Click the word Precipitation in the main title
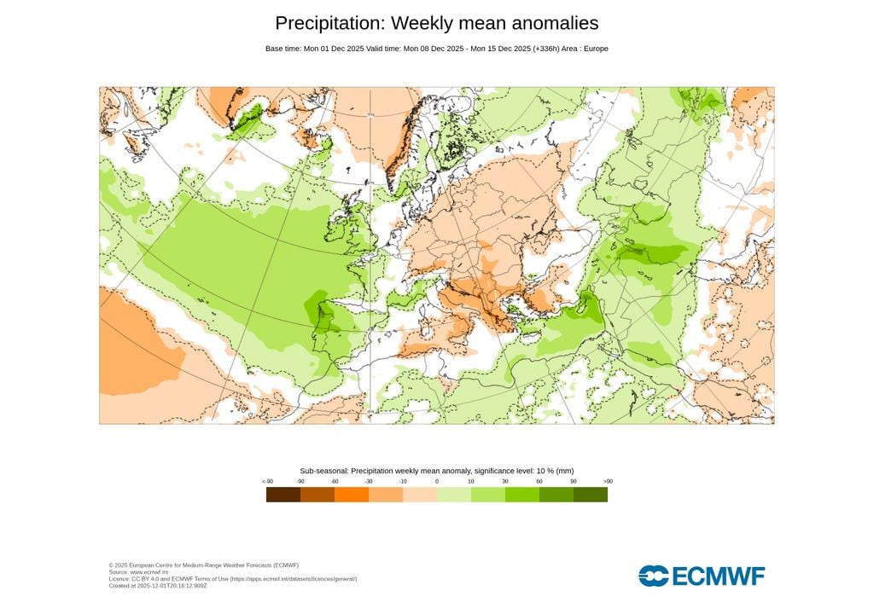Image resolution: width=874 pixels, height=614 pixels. pos(329,23)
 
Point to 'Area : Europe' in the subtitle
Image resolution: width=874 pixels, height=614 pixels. pos(585,49)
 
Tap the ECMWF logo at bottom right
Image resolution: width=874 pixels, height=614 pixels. pos(702,576)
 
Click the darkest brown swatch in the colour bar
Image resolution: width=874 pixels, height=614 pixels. pos(283,495)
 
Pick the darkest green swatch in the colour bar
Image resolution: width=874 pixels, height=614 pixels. pos(591,495)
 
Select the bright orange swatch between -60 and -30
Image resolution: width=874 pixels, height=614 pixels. pos(352,495)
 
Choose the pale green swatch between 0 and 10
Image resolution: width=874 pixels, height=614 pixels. pos(454,495)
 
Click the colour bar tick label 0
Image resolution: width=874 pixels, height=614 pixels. pos(437,482)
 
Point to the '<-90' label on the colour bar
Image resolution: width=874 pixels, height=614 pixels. pos(267,482)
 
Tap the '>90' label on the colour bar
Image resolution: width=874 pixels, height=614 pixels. pos(608,482)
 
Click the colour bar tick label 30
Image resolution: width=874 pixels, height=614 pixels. pos(505,482)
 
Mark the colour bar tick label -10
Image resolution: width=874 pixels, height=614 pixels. pos(403,482)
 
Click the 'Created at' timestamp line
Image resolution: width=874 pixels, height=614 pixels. pos(158,586)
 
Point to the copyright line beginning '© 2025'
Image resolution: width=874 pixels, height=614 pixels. pos(203,565)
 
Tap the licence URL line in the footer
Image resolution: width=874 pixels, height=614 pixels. pos(232,579)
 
